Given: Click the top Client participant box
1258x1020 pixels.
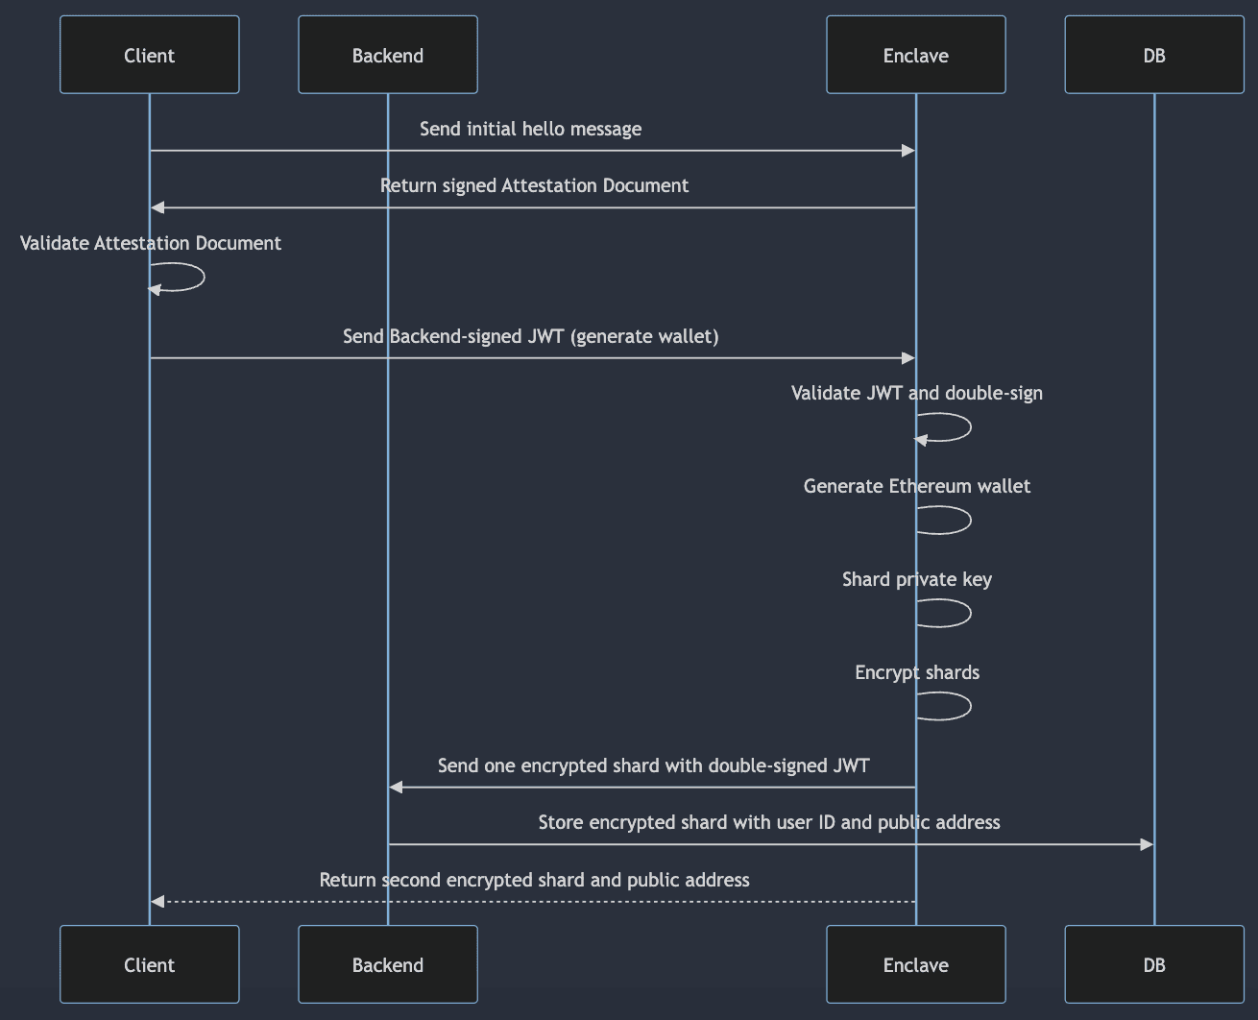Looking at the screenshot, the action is (150, 55).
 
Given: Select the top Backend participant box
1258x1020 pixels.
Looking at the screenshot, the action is (388, 55).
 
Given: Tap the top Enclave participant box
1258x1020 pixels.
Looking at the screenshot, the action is (916, 55).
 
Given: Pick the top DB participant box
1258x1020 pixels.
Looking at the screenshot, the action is (1154, 55).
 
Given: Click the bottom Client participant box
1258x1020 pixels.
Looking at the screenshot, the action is (150, 964).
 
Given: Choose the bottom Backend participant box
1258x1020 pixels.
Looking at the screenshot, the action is (388, 964).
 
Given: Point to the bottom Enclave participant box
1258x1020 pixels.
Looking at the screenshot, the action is (916, 964).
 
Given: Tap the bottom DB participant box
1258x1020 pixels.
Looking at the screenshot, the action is (1154, 964).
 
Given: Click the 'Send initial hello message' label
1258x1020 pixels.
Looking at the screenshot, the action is (530, 129).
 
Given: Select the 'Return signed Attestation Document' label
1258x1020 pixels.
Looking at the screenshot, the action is (534, 185).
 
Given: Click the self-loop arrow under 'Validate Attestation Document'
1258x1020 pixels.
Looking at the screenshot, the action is (204, 277).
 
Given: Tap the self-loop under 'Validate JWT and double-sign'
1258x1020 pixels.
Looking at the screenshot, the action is (970, 427).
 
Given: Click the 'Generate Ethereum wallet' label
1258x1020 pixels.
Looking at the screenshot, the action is (917, 486).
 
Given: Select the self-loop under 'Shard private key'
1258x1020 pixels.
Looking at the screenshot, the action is (970, 613).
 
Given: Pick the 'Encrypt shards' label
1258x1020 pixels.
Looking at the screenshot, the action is (917, 672).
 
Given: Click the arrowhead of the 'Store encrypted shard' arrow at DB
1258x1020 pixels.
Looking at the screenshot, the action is (1147, 844).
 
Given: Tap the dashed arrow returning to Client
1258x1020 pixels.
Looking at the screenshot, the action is (533, 902).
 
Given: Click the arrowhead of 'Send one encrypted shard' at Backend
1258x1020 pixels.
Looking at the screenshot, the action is (396, 788).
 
